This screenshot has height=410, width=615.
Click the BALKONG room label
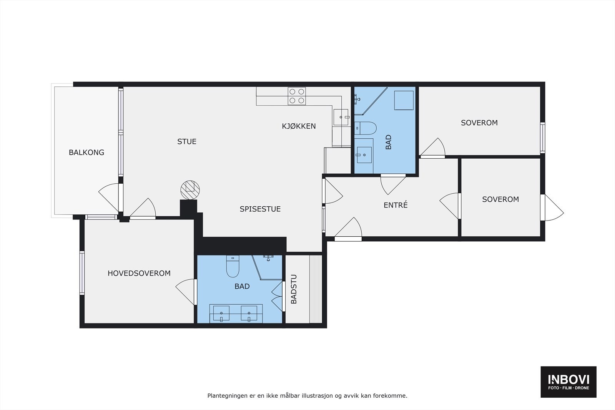click(86, 152)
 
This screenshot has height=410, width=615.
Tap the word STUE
click(187, 142)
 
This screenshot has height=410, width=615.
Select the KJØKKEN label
click(299, 126)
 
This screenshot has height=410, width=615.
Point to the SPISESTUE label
click(260, 209)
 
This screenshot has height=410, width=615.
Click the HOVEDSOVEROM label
click(139, 273)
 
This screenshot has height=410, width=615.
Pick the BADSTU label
click(294, 289)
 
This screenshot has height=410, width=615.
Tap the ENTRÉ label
click(396, 205)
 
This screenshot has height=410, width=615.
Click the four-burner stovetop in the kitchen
click(297, 96)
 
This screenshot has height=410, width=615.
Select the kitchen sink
click(341, 117)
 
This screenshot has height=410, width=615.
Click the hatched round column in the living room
click(190, 190)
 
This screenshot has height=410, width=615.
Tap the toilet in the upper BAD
click(365, 128)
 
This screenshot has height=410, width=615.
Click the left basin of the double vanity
click(221, 314)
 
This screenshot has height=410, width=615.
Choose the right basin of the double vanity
click(249, 314)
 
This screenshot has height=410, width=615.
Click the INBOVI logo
click(568, 382)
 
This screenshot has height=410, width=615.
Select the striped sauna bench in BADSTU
click(316, 289)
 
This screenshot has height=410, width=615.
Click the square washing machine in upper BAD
click(404, 100)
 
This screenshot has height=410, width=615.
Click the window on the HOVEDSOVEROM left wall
click(82, 273)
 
